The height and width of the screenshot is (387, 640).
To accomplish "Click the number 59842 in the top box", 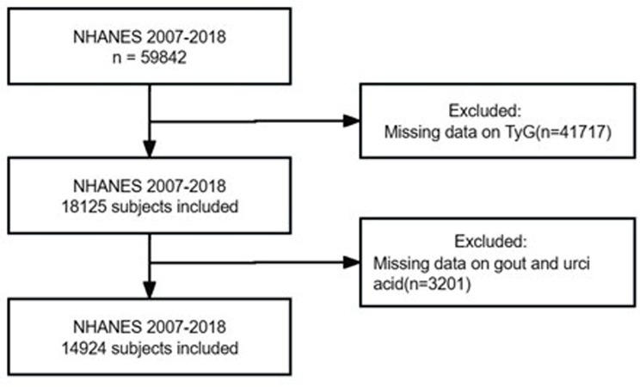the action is pyautogui.click(x=163, y=58).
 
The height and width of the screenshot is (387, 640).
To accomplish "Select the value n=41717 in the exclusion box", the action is pyautogui.click(x=573, y=132).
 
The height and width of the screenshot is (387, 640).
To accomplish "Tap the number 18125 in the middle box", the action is pyautogui.click(x=84, y=206).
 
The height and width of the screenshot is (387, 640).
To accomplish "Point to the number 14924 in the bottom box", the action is pyautogui.click(x=84, y=348).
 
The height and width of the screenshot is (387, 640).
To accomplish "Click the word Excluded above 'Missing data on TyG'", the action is pyautogui.click(x=485, y=111).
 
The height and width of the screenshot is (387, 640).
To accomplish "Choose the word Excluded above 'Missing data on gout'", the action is pyautogui.click(x=490, y=242).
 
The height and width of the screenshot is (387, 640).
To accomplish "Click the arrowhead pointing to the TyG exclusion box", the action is pyautogui.click(x=352, y=121).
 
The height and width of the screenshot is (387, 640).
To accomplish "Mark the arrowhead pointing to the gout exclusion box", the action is pyautogui.click(x=352, y=262).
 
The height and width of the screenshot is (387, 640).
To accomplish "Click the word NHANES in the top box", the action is pyautogui.click(x=108, y=37).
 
